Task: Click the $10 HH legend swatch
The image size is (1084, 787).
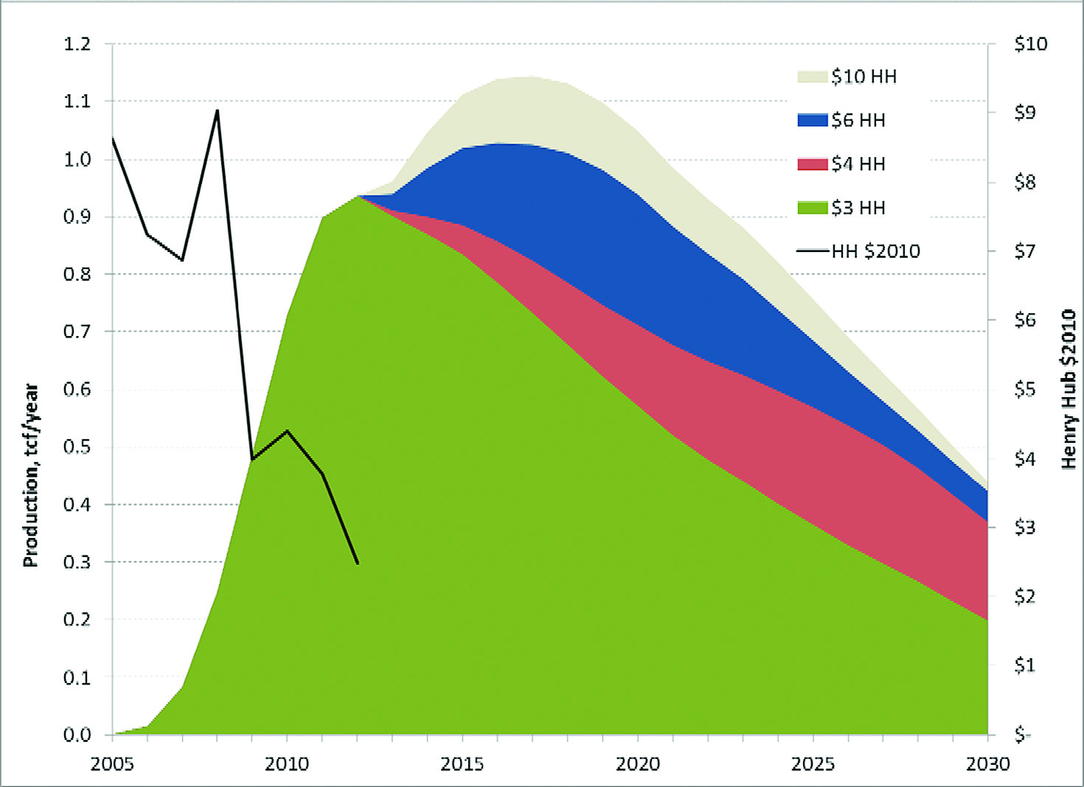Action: tap(812, 77)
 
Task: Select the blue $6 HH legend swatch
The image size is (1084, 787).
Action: tap(812, 120)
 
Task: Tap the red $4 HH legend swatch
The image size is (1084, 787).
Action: tap(812, 164)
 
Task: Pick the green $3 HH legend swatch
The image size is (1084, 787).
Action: tap(812, 208)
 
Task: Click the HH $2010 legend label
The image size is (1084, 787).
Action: tap(875, 251)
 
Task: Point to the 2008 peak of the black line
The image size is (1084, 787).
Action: tap(218, 111)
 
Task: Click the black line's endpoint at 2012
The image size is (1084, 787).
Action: tap(358, 564)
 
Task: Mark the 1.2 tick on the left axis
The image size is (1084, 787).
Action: tap(77, 43)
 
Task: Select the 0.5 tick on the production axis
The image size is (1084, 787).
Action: tap(77, 447)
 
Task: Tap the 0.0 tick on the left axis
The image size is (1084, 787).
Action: tap(77, 734)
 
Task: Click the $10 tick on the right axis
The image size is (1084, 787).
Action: tap(1030, 43)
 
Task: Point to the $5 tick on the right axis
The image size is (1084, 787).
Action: tap(1026, 388)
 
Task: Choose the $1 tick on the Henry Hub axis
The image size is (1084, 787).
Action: tap(1026, 665)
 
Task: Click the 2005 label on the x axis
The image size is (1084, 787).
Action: tap(112, 763)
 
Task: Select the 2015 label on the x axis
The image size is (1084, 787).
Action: tap(462, 763)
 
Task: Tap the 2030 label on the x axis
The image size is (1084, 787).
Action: tap(987, 763)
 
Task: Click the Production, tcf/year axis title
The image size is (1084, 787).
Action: tap(30, 475)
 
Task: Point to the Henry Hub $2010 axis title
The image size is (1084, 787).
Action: tap(1069, 389)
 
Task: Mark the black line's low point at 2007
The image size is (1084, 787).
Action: tap(182, 260)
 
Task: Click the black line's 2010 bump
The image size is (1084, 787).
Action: tap(287, 430)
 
